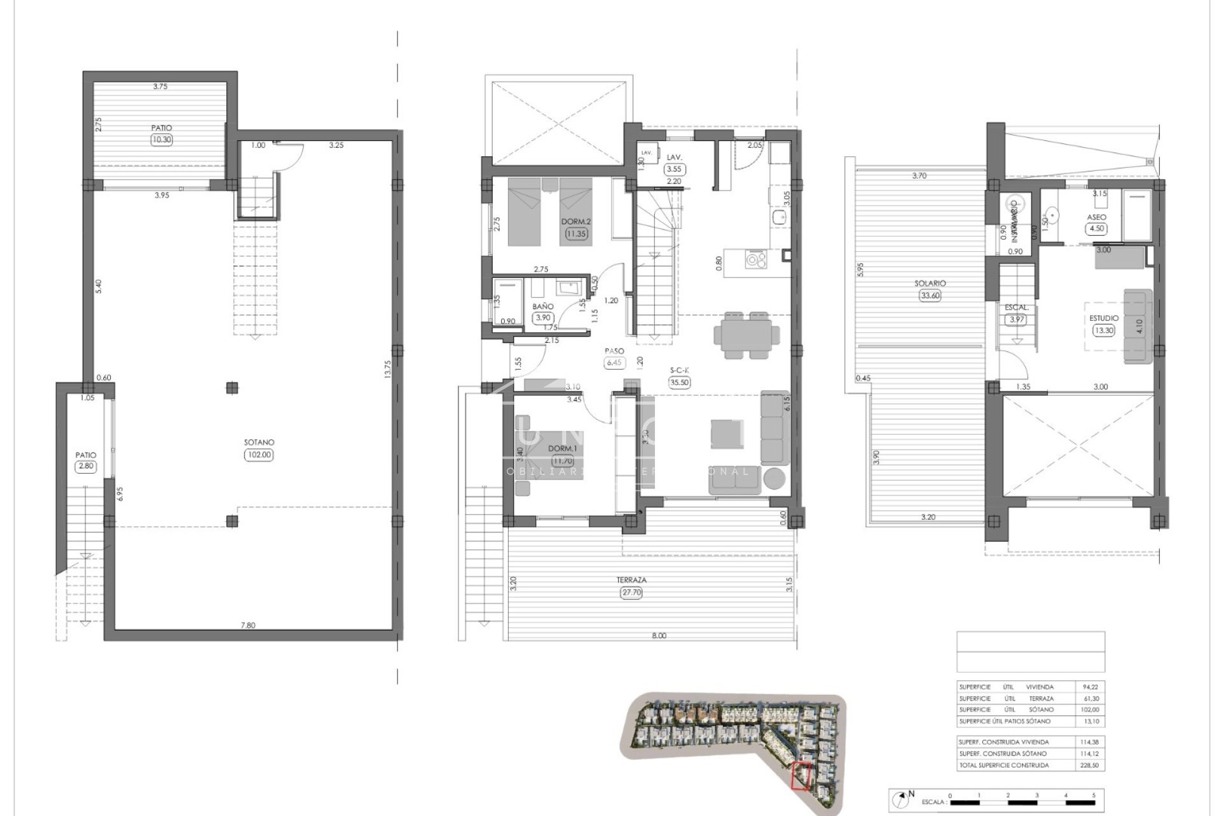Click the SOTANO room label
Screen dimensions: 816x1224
[x=259, y=442]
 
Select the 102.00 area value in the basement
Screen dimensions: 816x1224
[x=259, y=455]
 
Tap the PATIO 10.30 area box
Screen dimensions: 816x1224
[x=161, y=140]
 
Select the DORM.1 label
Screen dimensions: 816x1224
[x=562, y=449]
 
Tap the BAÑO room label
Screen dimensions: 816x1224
[x=543, y=307]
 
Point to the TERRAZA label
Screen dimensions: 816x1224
[x=631, y=580]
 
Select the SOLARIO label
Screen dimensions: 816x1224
[x=930, y=283]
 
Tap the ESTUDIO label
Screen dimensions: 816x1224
[x=1104, y=318]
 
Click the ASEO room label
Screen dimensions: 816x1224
[x=1097, y=217]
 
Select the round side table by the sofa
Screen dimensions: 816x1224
[x=775, y=478]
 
